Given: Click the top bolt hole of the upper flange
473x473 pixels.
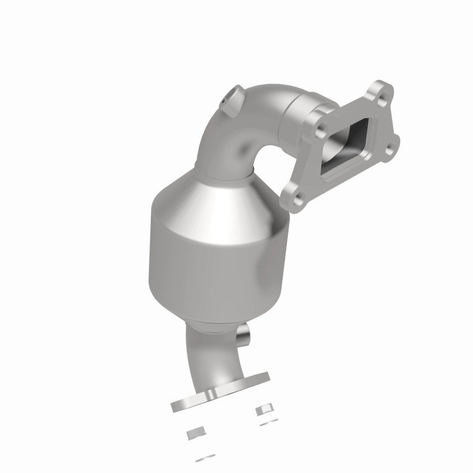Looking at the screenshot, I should [x=374, y=92].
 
